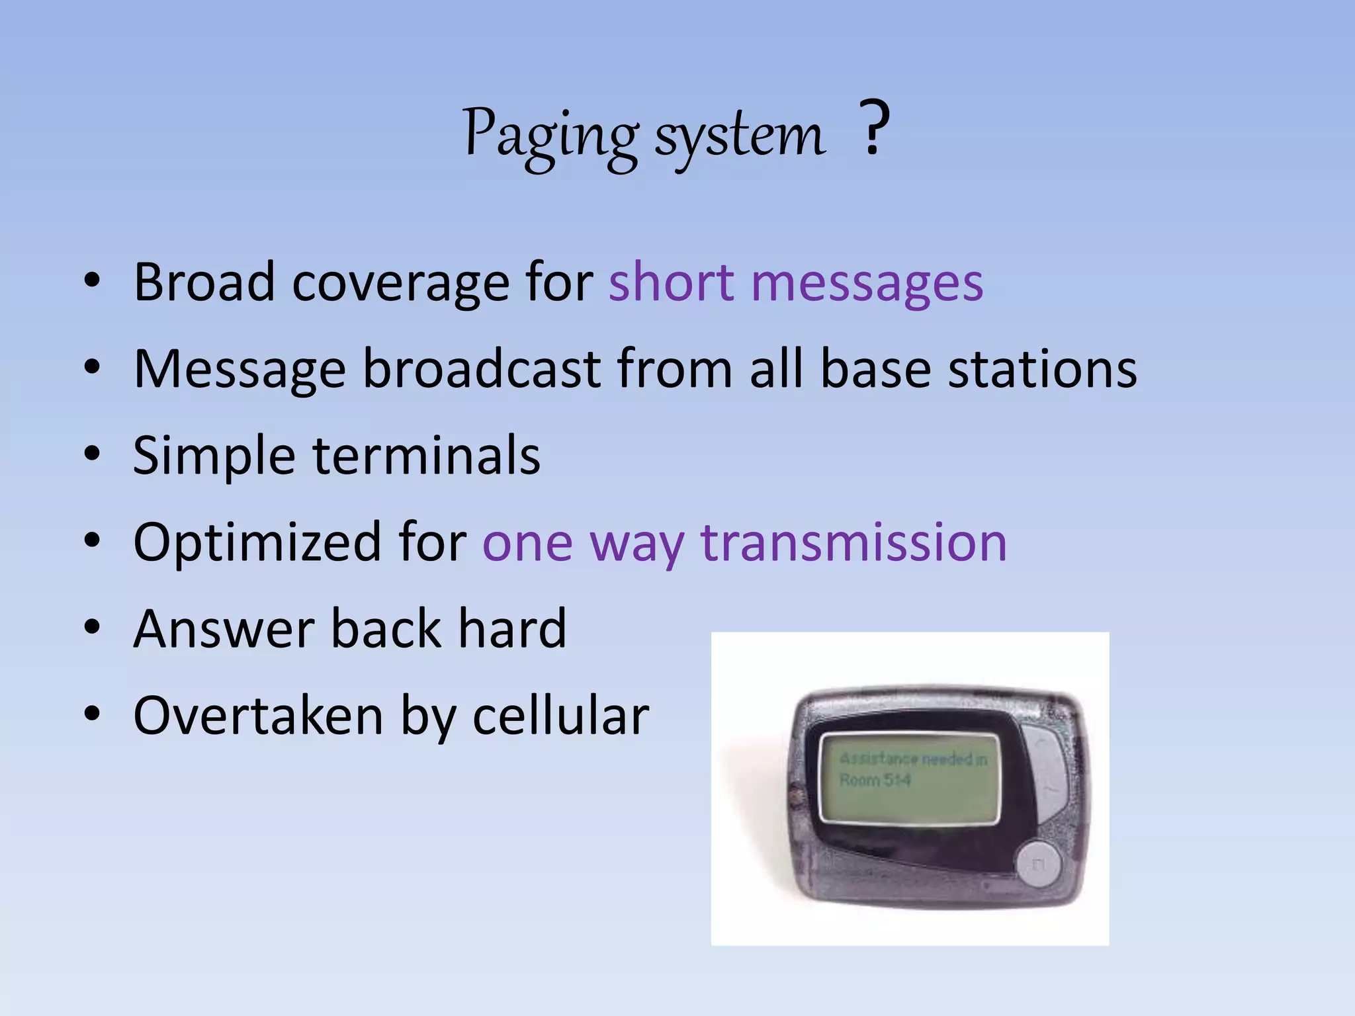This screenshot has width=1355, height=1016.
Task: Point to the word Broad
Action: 204,282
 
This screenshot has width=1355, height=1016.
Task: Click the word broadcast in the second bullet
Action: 482,369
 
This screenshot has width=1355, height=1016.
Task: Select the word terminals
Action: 427,456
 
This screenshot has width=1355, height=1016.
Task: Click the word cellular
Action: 561,716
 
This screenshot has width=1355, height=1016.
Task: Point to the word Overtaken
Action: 258,716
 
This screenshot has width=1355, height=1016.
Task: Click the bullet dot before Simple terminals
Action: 92,454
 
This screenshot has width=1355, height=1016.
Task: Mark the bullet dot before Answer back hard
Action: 92,628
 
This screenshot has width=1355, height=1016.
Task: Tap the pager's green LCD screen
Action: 910,779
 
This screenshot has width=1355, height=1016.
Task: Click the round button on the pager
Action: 1037,864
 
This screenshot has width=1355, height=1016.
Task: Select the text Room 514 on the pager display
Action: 875,781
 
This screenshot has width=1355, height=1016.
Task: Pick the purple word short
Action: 671,282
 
